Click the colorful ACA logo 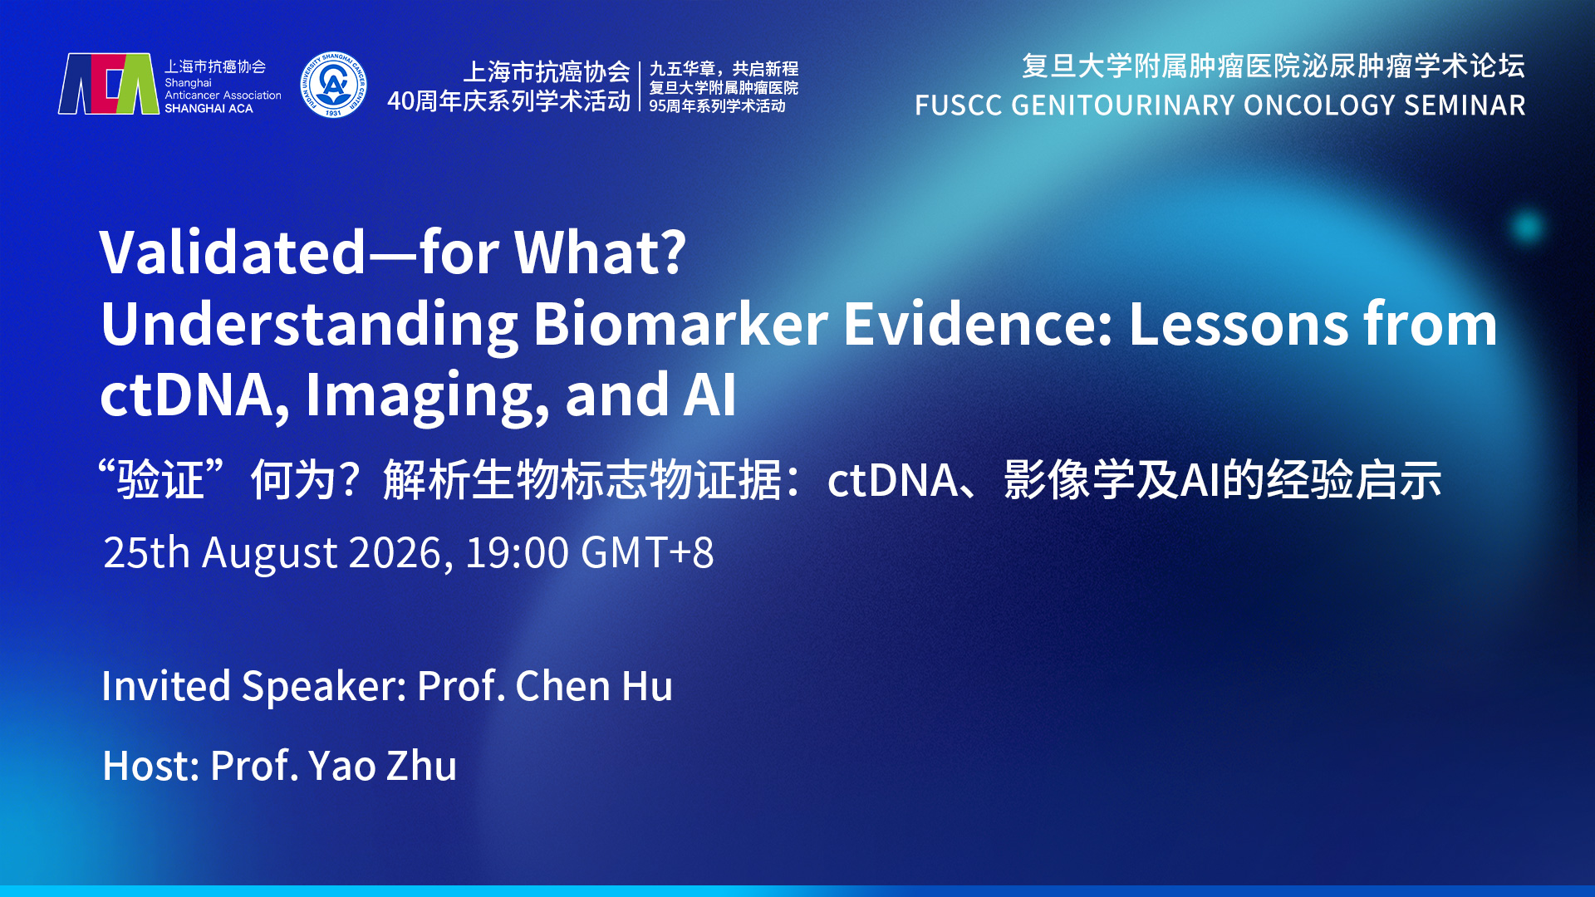tap(108, 84)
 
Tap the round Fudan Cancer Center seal tap(333, 85)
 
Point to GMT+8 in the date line tap(647, 552)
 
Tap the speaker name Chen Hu tap(594, 686)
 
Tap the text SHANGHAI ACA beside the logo tap(209, 109)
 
